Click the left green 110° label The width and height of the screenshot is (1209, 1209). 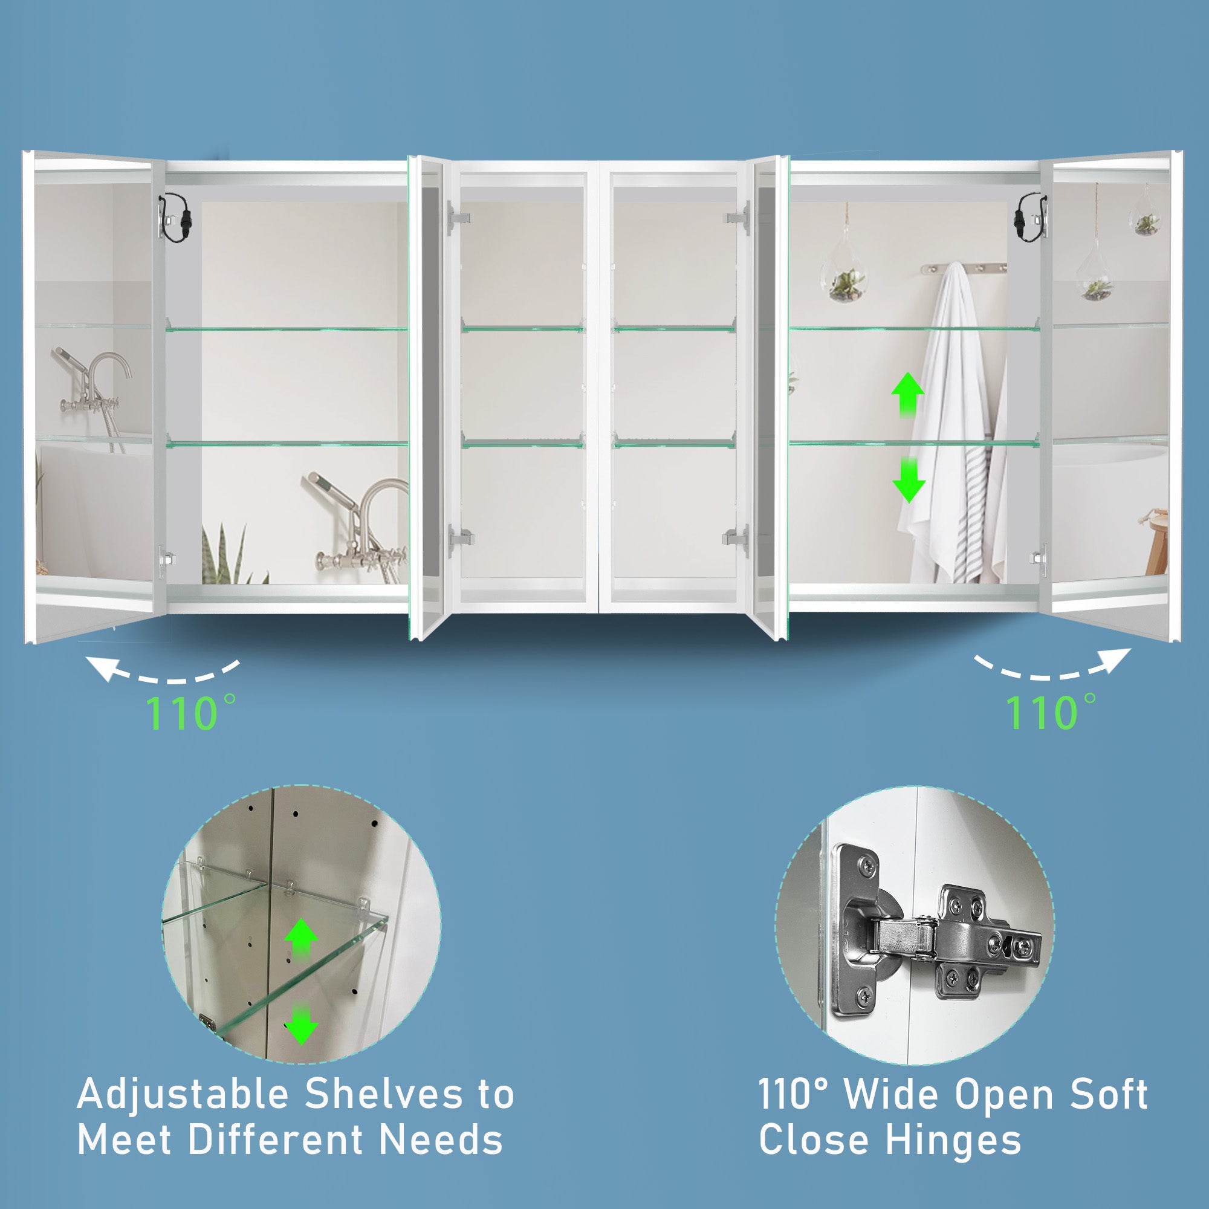191,712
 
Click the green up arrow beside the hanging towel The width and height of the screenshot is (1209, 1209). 907,394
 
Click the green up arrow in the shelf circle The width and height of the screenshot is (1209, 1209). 301,938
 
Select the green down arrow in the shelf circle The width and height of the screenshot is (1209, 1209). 301,1024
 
